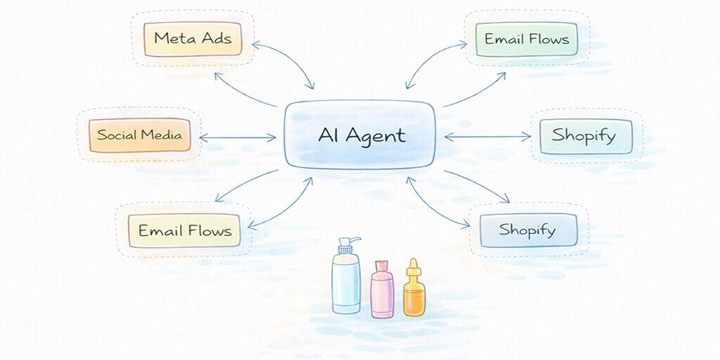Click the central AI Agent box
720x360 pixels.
click(x=359, y=135)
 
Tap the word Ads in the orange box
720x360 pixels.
click(x=216, y=38)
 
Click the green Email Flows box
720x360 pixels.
click(x=526, y=39)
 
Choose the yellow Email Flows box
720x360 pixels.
click(x=184, y=231)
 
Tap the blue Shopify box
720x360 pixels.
click(x=527, y=231)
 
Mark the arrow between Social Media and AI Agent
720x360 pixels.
click(x=238, y=138)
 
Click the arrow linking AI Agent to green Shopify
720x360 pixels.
click(x=487, y=138)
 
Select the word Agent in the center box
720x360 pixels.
click(x=380, y=136)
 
